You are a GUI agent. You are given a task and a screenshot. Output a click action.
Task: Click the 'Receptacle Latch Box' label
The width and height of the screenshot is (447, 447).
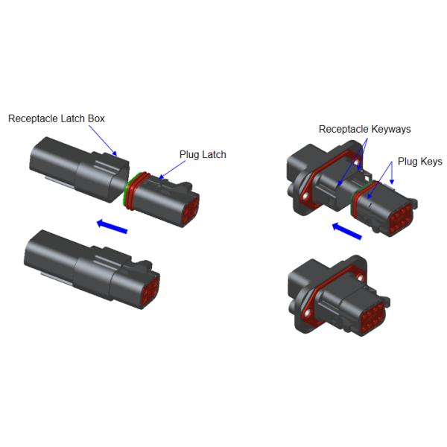coord(57,118)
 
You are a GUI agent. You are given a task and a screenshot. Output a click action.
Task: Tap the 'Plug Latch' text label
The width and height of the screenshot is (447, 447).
coord(203,154)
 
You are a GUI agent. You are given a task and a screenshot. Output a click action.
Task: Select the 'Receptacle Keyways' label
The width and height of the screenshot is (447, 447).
coord(364,129)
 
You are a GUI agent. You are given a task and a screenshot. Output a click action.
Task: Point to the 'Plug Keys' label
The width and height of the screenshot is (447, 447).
coord(420,162)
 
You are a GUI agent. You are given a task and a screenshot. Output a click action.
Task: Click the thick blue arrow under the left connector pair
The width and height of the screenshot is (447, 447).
coord(112,226)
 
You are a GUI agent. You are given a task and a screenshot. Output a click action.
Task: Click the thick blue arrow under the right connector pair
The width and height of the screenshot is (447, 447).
coord(347,231)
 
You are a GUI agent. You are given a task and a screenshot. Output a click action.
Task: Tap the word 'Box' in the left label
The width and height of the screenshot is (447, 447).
coord(96,118)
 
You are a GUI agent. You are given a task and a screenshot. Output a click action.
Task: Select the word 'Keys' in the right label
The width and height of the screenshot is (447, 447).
coord(431,162)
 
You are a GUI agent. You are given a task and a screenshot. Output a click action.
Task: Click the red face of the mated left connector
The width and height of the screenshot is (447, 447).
coord(151,291)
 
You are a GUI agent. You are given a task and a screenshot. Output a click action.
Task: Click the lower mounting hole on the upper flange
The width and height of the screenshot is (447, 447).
coord(305,196)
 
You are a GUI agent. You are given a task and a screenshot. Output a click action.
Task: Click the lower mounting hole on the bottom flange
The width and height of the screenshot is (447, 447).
coord(307,314)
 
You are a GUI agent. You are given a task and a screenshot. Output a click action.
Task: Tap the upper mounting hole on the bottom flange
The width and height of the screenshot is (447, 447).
coord(360,277)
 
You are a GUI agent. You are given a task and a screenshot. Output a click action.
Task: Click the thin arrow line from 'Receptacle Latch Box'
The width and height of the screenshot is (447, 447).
coord(103,141)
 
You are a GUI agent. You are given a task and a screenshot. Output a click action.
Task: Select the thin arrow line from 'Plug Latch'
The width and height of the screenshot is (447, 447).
coord(172,170)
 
